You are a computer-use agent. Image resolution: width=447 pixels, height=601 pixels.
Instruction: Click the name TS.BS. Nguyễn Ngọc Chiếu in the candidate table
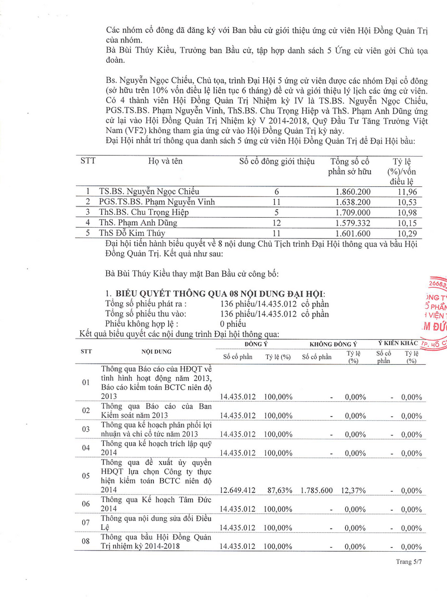[149, 191]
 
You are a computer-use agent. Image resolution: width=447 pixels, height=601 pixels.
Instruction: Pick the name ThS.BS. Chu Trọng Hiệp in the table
[144, 212]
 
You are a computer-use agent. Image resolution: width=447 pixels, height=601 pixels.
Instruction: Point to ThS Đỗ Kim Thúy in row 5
[132, 233]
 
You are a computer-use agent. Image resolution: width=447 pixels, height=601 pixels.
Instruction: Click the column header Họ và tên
[165, 162]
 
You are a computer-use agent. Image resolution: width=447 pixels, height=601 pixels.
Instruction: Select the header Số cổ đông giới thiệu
[277, 162]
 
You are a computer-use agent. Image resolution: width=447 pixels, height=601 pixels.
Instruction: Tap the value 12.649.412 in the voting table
[237, 490]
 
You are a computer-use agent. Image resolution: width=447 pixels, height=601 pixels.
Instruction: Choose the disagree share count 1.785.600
[316, 490]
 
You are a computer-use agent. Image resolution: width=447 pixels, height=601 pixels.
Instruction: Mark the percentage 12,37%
[353, 490]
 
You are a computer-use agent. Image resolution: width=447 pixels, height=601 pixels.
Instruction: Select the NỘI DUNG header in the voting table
[156, 351]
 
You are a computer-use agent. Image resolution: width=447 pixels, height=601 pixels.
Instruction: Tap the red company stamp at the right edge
[436, 313]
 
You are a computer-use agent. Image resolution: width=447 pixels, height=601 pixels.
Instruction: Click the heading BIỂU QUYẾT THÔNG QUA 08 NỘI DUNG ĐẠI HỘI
[220, 294]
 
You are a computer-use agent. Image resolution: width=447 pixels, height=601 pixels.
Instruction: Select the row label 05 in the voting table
[86, 476]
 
